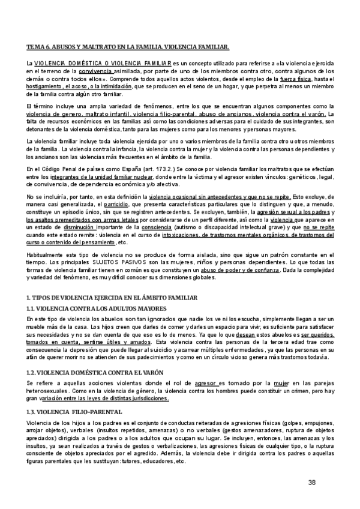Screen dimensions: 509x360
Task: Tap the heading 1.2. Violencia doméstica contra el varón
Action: point(89,372)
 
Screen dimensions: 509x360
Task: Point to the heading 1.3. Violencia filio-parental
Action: point(74,412)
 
